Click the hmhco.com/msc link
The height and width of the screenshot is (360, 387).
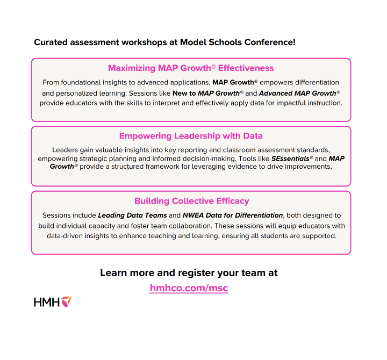click(x=189, y=288)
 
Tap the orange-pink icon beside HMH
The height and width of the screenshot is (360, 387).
click(x=66, y=301)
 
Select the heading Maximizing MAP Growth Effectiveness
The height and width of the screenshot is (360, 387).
click(x=191, y=68)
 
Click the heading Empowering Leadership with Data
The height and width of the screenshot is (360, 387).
click(x=191, y=136)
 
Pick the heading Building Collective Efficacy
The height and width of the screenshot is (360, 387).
click(x=191, y=201)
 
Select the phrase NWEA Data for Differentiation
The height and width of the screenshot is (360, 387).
click(x=233, y=215)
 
